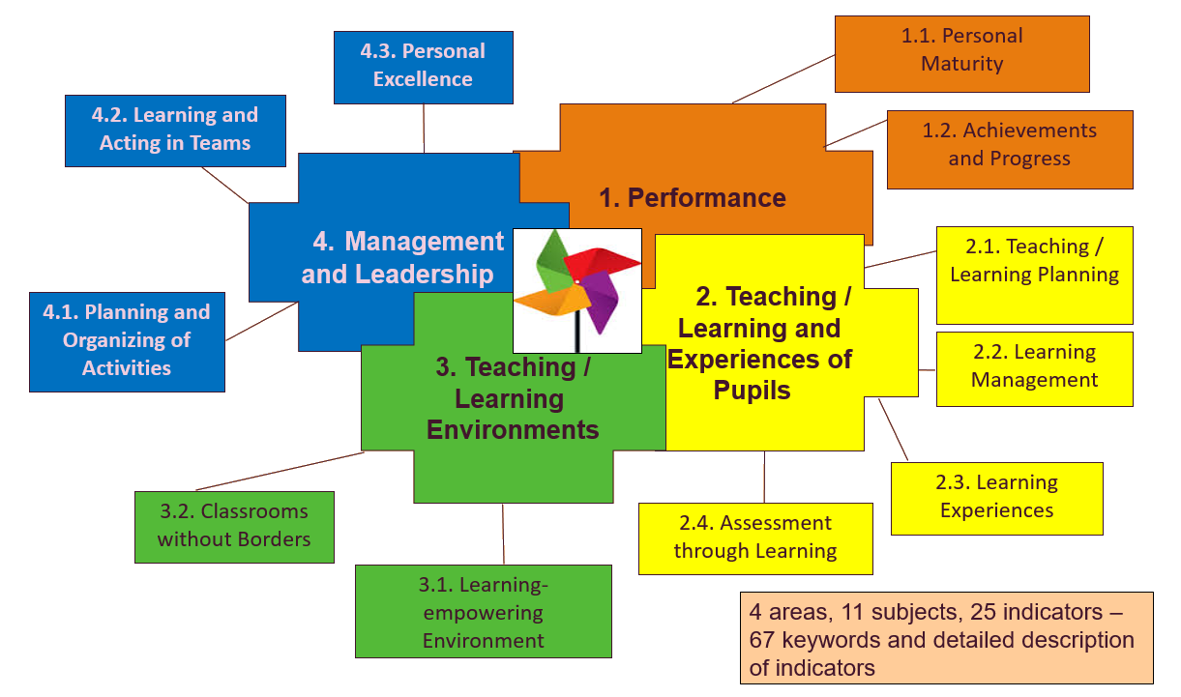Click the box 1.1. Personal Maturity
click(x=961, y=54)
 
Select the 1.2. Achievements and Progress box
click(x=1010, y=150)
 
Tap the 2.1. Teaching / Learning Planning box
click(x=1034, y=275)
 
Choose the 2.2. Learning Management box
click(x=1034, y=368)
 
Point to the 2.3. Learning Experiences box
click(x=996, y=499)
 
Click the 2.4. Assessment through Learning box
click(x=755, y=538)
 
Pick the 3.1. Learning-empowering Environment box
click(x=484, y=611)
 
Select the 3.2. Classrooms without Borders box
click(x=234, y=527)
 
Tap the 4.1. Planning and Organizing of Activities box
click(x=127, y=342)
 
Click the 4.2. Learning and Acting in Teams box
click(x=176, y=131)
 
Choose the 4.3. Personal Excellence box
click(x=424, y=68)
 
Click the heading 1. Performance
click(x=693, y=198)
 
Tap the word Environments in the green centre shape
click(x=513, y=430)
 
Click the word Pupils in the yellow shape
click(x=752, y=391)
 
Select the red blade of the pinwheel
click(x=601, y=263)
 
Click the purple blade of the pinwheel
click(x=601, y=302)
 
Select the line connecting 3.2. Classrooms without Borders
click(x=280, y=471)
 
